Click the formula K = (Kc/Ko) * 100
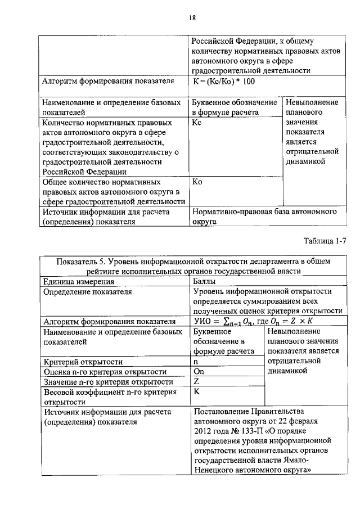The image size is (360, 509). pyautogui.click(x=224, y=82)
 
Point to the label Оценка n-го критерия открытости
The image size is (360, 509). pyautogui.click(x=105, y=372)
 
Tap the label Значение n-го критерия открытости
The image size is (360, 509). pyautogui.click(x=107, y=382)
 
